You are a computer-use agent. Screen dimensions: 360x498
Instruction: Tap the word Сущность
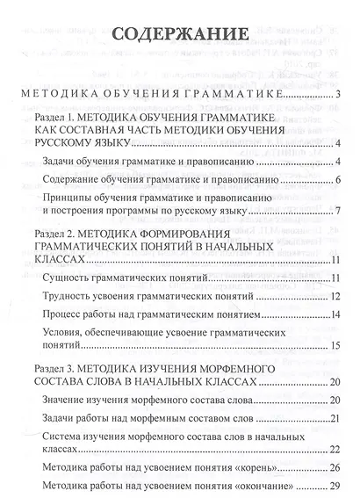pyautogui.click(x=69, y=279)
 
